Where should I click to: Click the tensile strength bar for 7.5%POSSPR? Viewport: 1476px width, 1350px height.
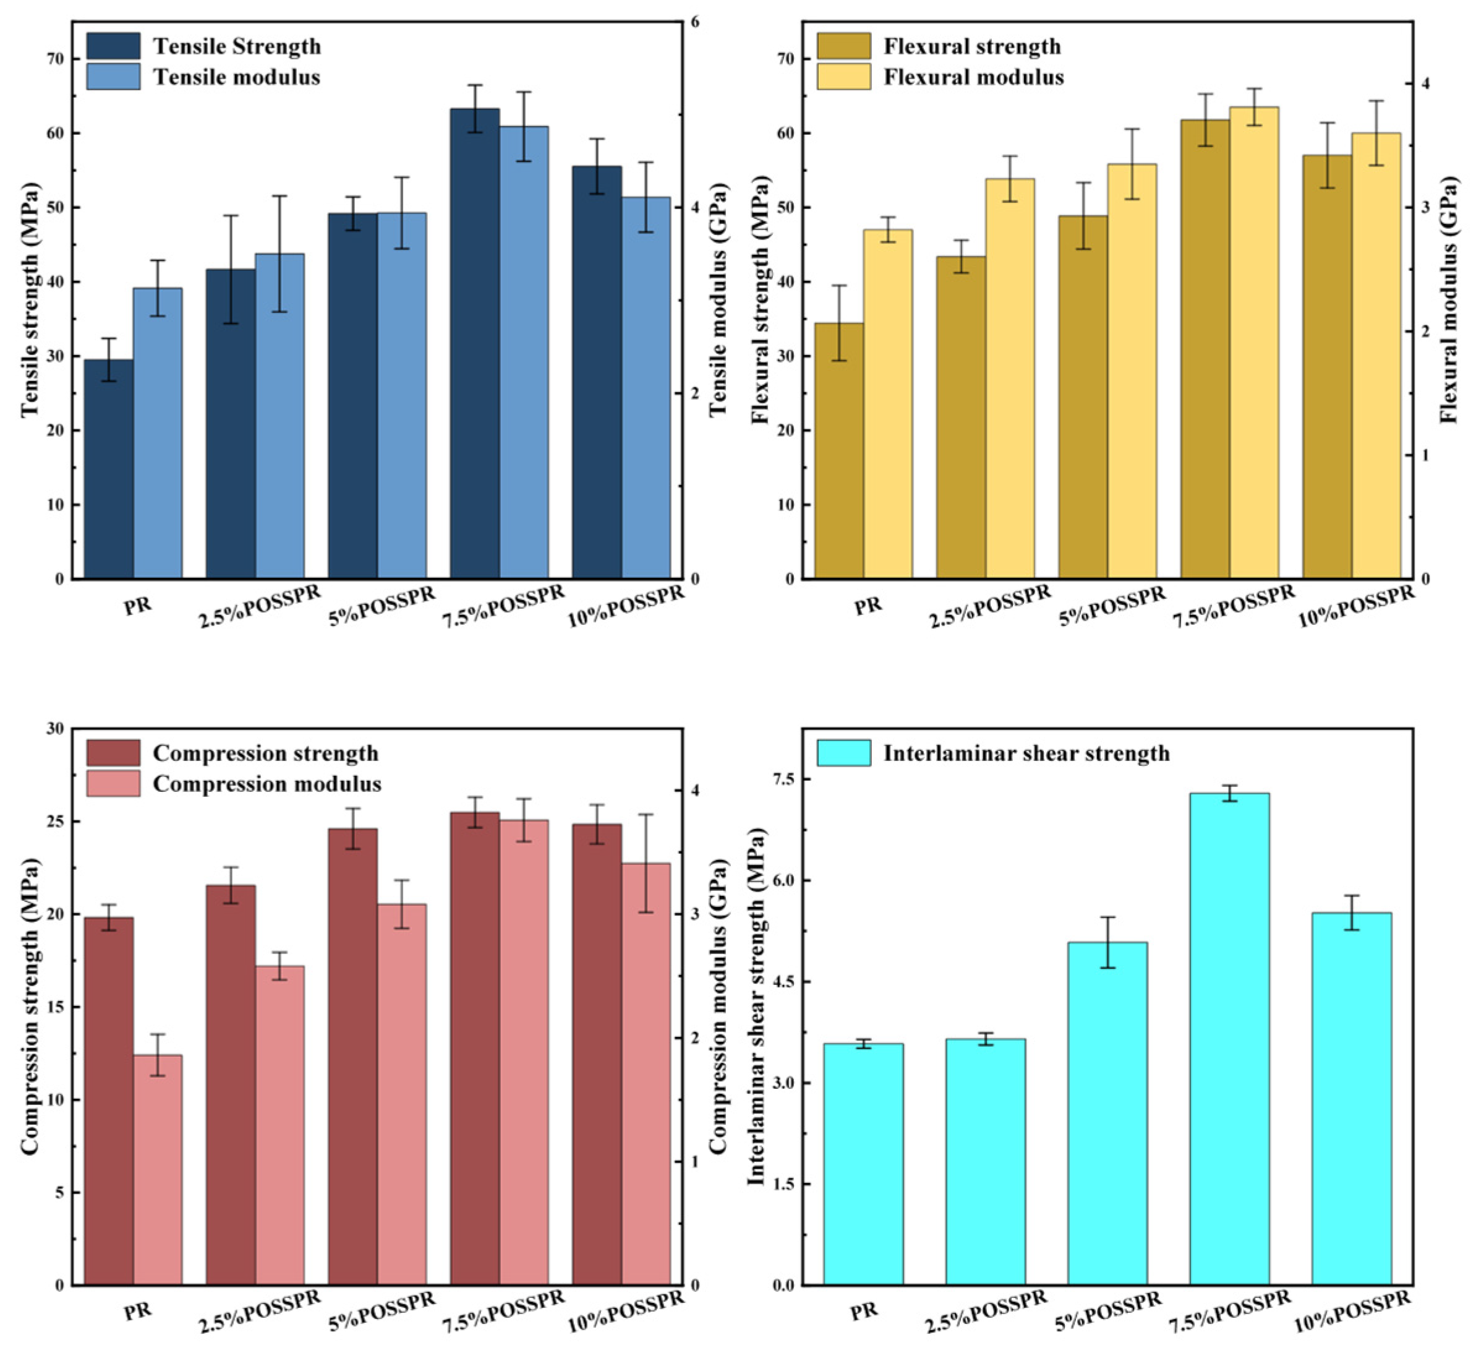point(474,344)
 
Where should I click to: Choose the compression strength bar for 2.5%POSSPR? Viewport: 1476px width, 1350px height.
point(231,1085)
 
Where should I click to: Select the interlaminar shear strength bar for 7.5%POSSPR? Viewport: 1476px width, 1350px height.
point(1229,1039)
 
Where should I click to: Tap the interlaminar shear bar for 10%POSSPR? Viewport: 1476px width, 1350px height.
point(1352,1099)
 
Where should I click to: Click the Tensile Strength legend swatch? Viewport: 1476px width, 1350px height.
point(113,46)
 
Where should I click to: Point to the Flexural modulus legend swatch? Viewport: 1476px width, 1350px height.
point(843,77)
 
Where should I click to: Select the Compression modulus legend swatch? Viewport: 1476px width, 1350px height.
point(113,784)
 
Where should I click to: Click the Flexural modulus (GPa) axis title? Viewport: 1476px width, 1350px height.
point(1449,300)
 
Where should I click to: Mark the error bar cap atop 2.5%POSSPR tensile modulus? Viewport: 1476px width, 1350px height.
point(279,196)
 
